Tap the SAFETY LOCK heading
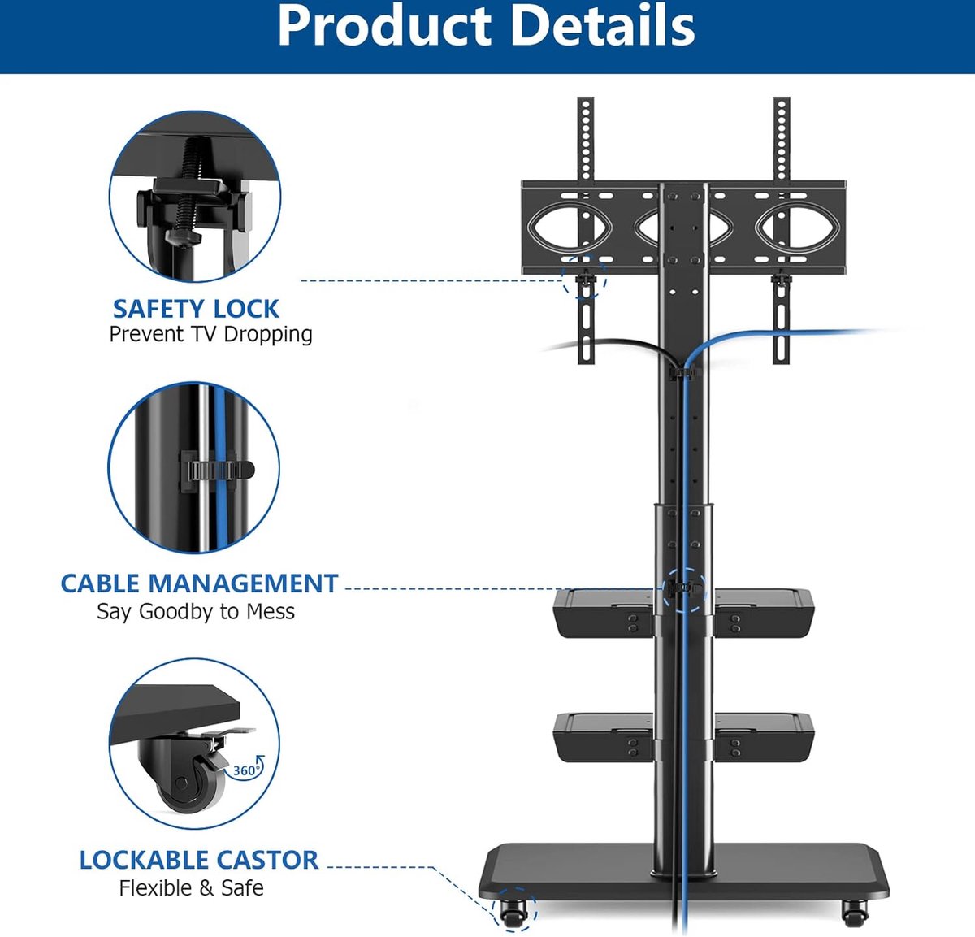tap(196, 309)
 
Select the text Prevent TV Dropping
tap(211, 334)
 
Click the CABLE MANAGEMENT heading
tap(199, 583)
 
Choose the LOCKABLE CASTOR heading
tap(199, 860)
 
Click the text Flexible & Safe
tap(192, 888)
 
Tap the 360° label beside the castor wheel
tap(246, 770)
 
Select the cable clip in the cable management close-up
tap(216, 470)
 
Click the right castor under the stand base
tap(855, 913)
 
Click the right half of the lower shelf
tap(764, 738)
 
